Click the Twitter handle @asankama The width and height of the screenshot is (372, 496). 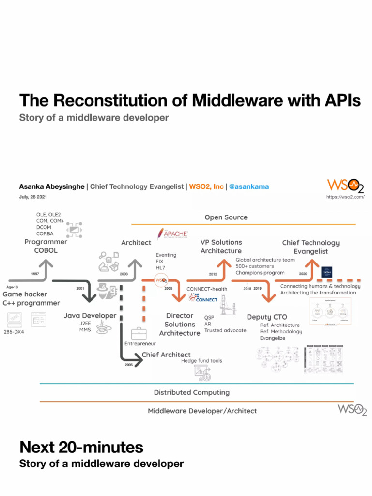248,186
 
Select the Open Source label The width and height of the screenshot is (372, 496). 226,217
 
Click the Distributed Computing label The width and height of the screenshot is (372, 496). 192,392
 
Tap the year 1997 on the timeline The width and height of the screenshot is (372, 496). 35,274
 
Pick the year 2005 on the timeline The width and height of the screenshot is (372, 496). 129,365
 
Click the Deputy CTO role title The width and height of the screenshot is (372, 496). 267,317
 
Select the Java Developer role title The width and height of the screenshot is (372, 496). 90,316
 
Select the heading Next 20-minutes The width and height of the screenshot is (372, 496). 81,446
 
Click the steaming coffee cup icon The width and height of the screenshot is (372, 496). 103,329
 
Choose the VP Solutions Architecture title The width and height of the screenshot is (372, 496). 221,247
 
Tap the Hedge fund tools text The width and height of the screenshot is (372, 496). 201,361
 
